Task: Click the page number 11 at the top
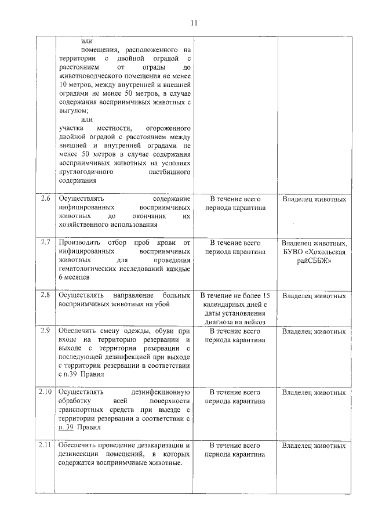click(194, 23)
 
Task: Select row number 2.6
click(46, 199)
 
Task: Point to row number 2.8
click(46, 295)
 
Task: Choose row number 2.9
click(46, 331)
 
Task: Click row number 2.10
click(46, 392)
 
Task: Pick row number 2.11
click(46, 445)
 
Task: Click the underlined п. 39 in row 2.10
click(66, 428)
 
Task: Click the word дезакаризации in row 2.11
click(157, 445)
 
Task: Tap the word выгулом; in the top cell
click(74, 110)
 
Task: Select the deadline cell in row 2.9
click(235, 336)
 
